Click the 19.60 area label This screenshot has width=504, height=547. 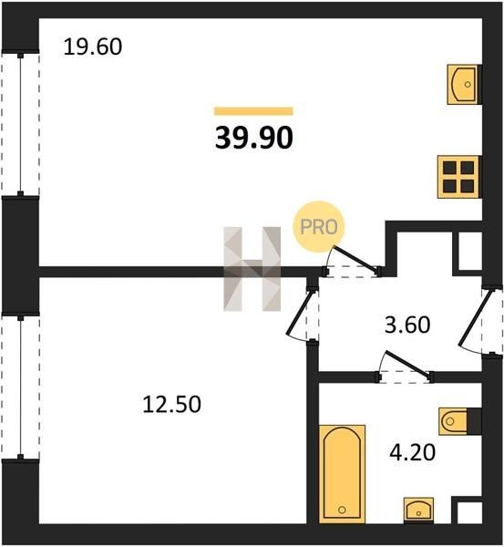click(x=93, y=47)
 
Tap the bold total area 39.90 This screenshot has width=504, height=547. click(x=254, y=138)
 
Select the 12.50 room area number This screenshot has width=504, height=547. click(x=172, y=404)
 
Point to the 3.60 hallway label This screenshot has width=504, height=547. click(x=407, y=325)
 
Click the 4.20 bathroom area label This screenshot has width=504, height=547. click(x=413, y=453)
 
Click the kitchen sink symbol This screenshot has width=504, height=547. click(x=464, y=84)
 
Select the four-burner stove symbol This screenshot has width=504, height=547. click(x=459, y=177)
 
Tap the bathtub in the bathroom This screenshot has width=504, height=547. click(x=342, y=474)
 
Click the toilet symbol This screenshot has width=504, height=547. click(x=460, y=421)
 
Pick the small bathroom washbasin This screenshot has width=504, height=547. click(x=419, y=511)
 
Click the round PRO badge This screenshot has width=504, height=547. click(x=319, y=227)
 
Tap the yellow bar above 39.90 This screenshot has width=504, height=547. click(x=253, y=111)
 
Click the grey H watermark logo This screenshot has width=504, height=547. click(x=252, y=269)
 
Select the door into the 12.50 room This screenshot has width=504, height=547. click(x=303, y=314)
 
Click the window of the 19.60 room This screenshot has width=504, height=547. click(x=21, y=123)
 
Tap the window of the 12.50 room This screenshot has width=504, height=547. click(x=21, y=387)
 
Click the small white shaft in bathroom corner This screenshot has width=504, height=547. click(x=469, y=512)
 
